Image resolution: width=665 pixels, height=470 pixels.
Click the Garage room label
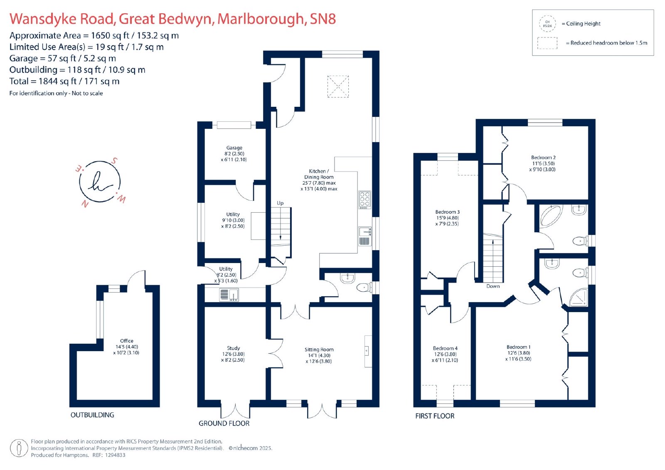pos(234,148)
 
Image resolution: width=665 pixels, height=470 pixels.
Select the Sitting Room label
pos(319,349)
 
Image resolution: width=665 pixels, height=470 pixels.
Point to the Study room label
pos(233,348)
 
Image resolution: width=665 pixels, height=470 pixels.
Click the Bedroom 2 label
pos(543,157)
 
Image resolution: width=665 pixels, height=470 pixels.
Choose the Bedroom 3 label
pos(447,212)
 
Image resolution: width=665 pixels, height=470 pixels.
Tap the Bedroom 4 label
pos(445,348)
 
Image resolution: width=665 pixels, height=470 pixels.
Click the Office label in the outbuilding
pos(126,341)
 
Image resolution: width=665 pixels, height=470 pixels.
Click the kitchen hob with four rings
pos(365,199)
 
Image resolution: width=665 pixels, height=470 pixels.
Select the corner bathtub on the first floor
pos(551,216)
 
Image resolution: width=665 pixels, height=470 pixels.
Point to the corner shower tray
pos(578,298)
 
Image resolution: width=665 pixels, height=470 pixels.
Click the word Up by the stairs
pos(280,203)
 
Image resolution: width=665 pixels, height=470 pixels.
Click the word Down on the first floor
pos(493,286)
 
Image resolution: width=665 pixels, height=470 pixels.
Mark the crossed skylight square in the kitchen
pos(338,86)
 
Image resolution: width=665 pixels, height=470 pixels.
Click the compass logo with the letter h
pos(100,182)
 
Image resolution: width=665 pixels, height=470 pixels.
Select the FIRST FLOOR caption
pos(435,416)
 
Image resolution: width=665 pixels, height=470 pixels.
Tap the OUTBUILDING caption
pos(92,415)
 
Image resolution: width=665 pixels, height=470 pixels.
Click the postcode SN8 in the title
pos(323,19)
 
